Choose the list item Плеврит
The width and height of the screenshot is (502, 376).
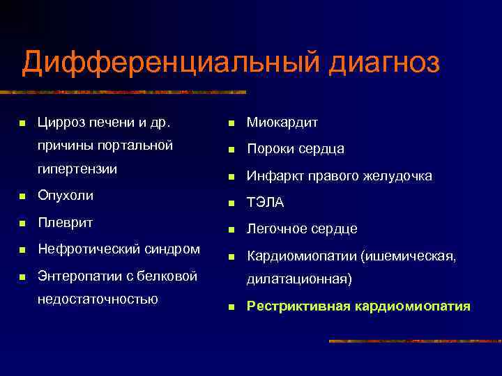click(x=66, y=223)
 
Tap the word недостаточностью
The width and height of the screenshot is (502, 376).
click(x=97, y=299)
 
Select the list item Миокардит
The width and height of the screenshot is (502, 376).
click(x=282, y=123)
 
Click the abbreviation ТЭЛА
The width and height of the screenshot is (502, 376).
click(x=266, y=203)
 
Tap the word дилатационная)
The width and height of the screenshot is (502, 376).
click(x=299, y=280)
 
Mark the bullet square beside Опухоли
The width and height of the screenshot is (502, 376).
click(x=22, y=197)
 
